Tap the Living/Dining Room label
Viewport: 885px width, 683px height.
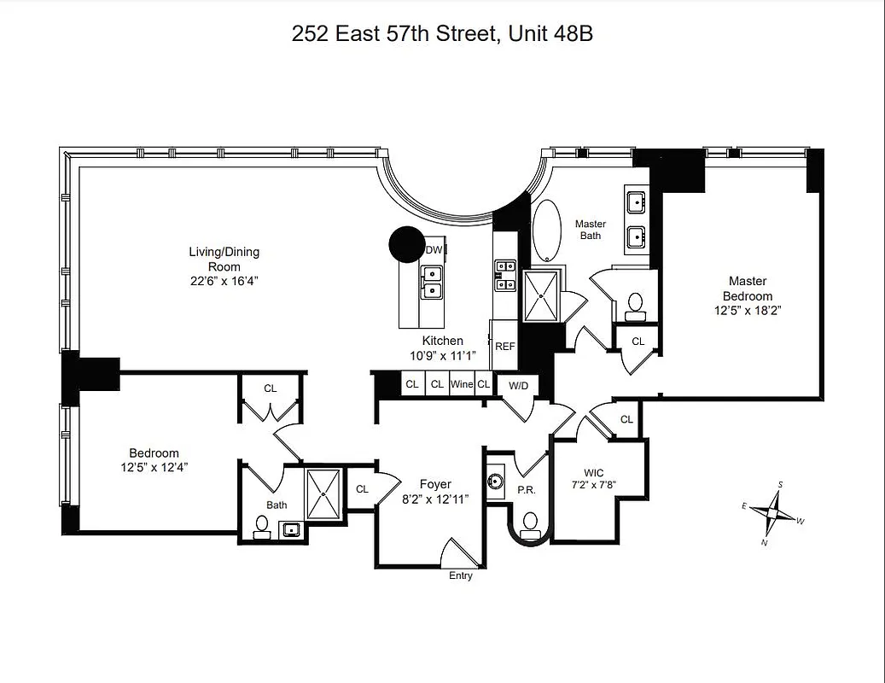[x=224, y=259]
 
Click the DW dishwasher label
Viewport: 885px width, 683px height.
[x=434, y=250]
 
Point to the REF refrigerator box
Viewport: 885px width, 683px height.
[x=505, y=347]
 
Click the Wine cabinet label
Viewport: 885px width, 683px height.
[x=462, y=384]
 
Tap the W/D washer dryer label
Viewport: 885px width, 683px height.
[x=518, y=386]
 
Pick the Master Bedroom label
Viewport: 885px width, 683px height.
[x=747, y=289]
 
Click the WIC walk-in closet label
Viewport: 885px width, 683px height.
[x=594, y=473]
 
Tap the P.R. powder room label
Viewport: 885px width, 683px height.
[x=526, y=491]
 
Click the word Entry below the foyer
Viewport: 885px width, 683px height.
[x=461, y=575]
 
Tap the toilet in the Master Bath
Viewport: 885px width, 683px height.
[x=635, y=305]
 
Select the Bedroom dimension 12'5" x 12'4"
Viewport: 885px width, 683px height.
[x=154, y=467]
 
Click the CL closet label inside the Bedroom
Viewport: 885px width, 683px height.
[x=271, y=388]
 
